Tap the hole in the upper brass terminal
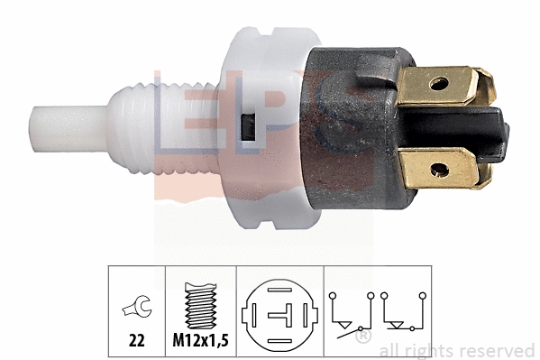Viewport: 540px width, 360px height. point(439,84)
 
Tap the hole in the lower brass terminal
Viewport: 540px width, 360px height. point(440,170)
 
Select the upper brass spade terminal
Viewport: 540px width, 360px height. point(444,85)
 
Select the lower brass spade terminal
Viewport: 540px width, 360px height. point(444,169)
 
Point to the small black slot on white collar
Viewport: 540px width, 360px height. point(248,127)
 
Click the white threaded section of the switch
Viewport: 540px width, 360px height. point(163,128)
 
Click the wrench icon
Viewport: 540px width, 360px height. point(137,306)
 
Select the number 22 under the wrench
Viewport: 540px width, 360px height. point(137,341)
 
